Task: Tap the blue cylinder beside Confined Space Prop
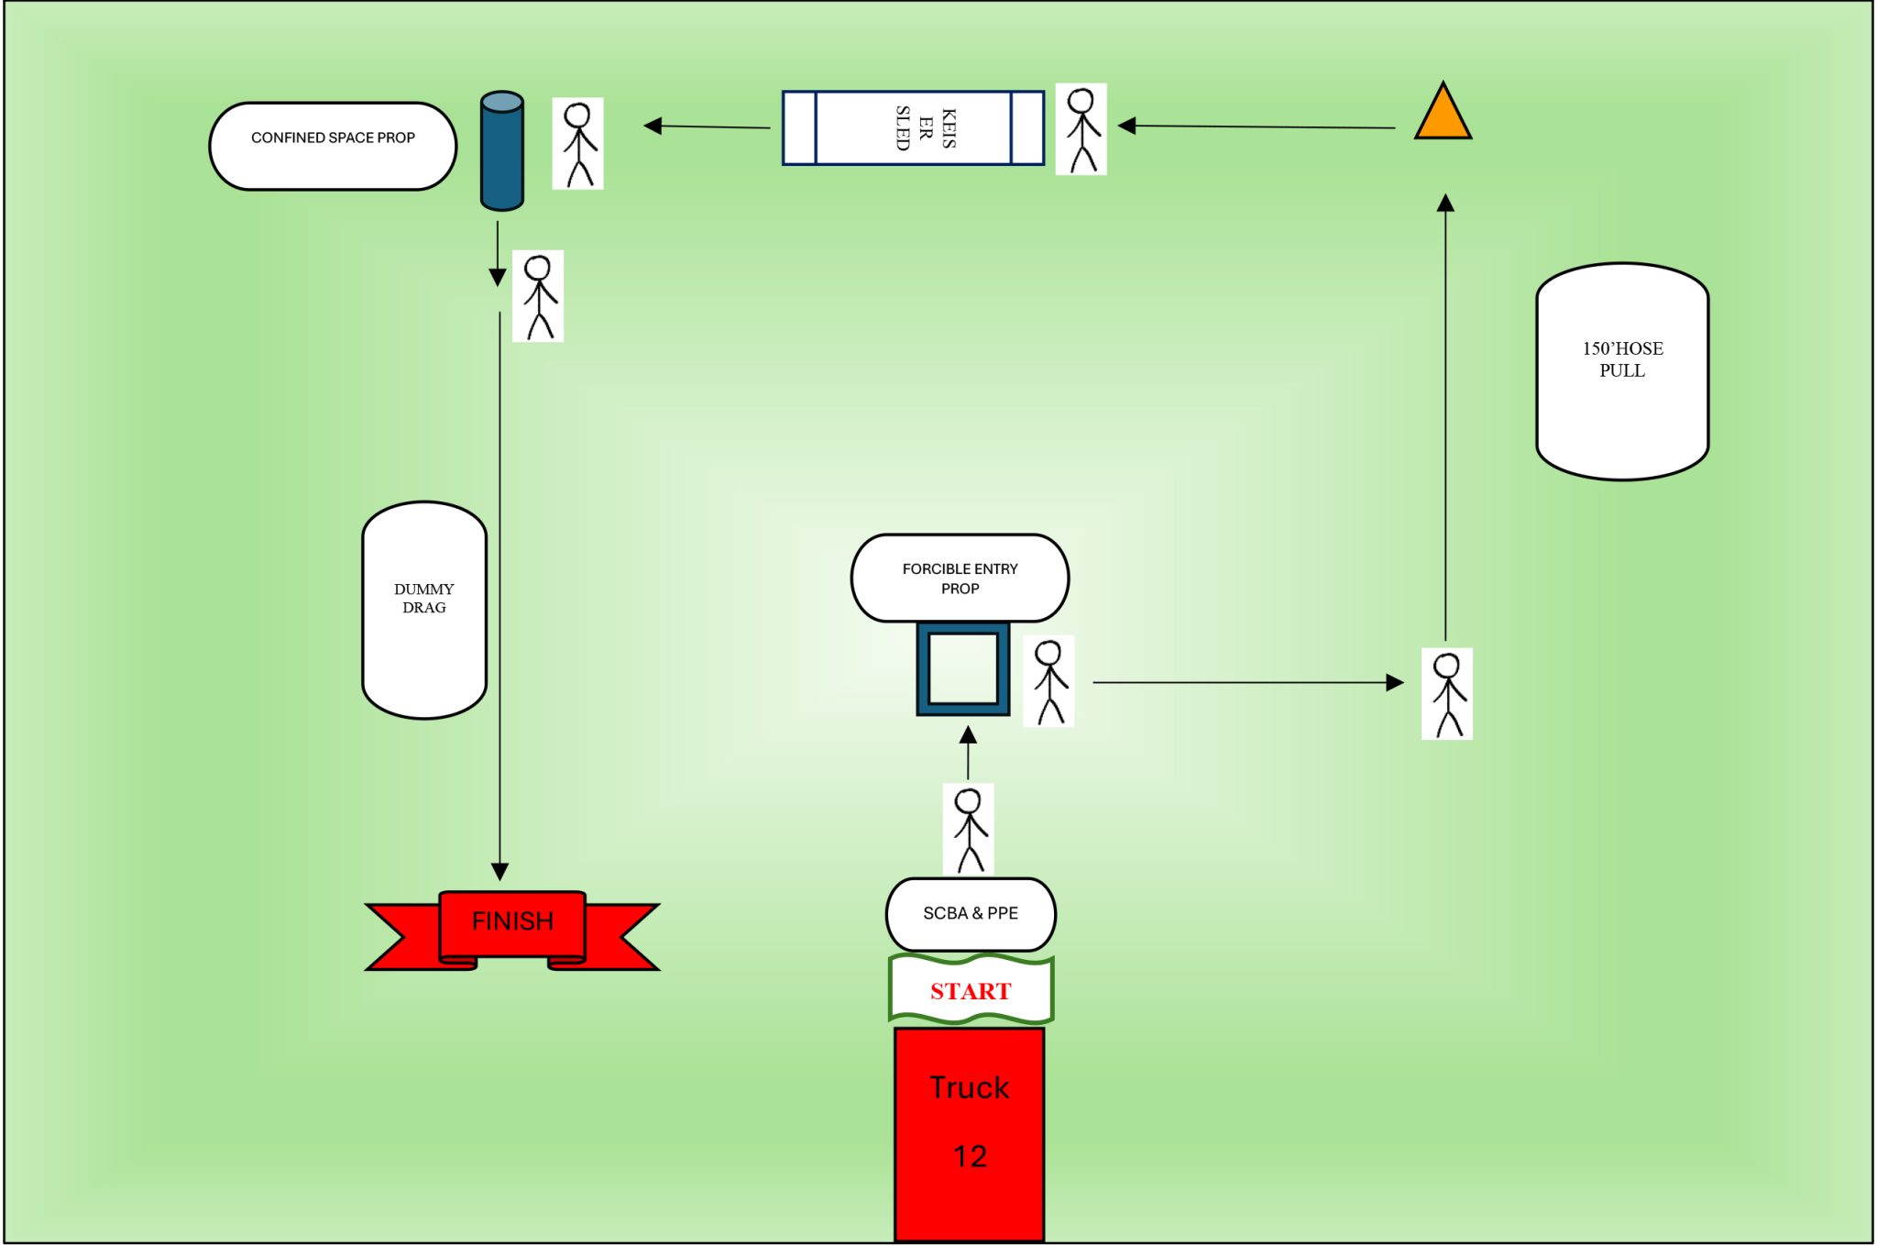(x=501, y=151)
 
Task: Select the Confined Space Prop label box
(x=333, y=146)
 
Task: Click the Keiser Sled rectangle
(x=913, y=127)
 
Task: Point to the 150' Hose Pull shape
(x=1622, y=371)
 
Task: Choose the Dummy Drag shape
(x=423, y=610)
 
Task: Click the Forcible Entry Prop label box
(x=960, y=578)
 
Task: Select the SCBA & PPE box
(x=971, y=914)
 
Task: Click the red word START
(x=971, y=991)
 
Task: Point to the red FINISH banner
(x=512, y=927)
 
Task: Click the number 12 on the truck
(x=970, y=1156)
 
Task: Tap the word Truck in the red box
(x=969, y=1087)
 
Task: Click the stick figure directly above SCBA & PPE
(x=969, y=830)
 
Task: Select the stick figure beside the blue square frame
(x=1048, y=681)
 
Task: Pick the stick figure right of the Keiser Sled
(x=1081, y=129)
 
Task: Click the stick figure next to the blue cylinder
(x=577, y=144)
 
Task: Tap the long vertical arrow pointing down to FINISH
(x=499, y=596)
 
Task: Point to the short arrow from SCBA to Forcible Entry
(x=968, y=752)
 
